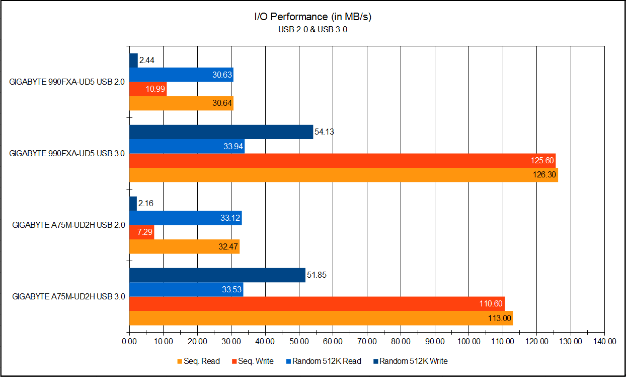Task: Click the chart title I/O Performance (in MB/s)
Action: [x=312, y=17]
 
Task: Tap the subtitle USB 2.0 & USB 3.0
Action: [x=312, y=30]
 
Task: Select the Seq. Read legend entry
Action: [x=198, y=361]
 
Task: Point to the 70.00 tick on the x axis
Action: [x=367, y=341]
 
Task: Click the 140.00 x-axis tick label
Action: [x=604, y=341]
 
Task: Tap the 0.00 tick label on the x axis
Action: [x=129, y=341]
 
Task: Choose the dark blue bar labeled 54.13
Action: [x=221, y=132]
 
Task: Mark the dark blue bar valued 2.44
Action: [x=133, y=60]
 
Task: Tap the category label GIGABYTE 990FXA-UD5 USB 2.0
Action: [x=67, y=82]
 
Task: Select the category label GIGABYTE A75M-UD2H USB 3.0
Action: [x=68, y=296]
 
